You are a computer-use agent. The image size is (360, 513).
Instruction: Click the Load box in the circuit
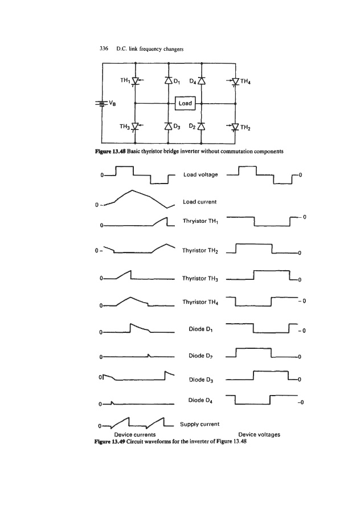point(185,104)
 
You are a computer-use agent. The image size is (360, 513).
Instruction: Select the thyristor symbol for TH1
point(135,82)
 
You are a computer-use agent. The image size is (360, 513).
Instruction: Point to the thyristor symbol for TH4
point(235,82)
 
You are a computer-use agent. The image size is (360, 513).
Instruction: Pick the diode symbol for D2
point(202,125)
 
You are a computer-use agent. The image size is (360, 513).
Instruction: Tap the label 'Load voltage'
point(201,174)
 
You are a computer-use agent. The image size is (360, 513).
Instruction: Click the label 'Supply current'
point(200,424)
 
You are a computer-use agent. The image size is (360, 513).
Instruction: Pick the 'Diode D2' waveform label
point(200,356)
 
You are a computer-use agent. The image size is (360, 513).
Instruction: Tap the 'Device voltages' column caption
point(259,434)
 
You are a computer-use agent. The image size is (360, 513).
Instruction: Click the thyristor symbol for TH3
point(135,125)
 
